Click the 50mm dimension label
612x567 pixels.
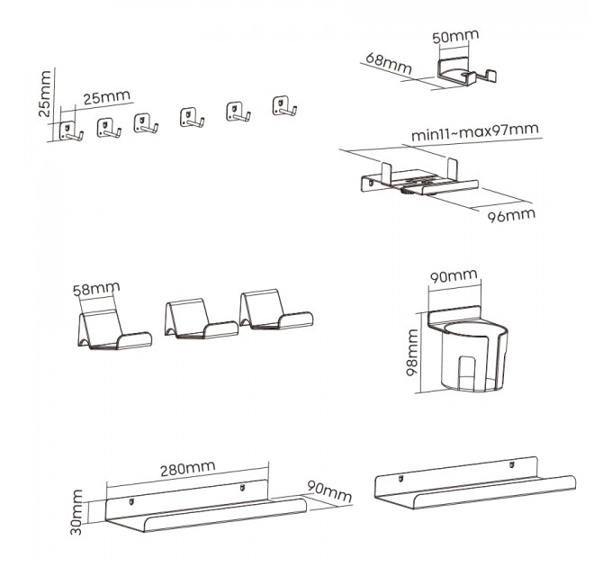[x=455, y=37]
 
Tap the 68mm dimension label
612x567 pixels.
[x=388, y=65]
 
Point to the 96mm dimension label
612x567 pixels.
[x=510, y=215]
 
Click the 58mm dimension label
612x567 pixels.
[x=94, y=291]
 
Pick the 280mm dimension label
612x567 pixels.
[x=189, y=468]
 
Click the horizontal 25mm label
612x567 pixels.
[x=99, y=97]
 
